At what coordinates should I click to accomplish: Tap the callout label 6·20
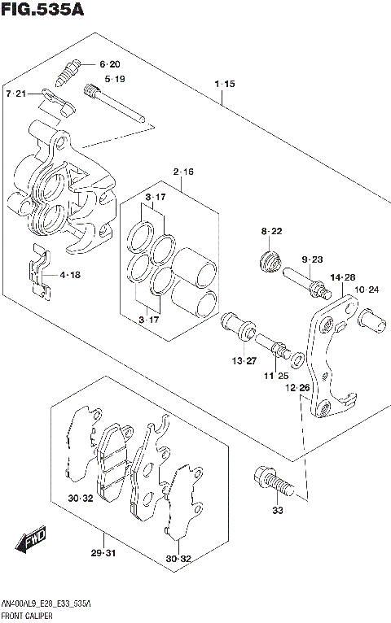point(109,64)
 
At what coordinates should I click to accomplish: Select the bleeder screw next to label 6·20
point(68,72)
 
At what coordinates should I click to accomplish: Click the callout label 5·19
point(113,80)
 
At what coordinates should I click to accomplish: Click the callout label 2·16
point(182,172)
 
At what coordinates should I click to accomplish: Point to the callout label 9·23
point(313,259)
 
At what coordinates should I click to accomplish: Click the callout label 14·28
point(343,277)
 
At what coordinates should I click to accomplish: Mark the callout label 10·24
point(368,289)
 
